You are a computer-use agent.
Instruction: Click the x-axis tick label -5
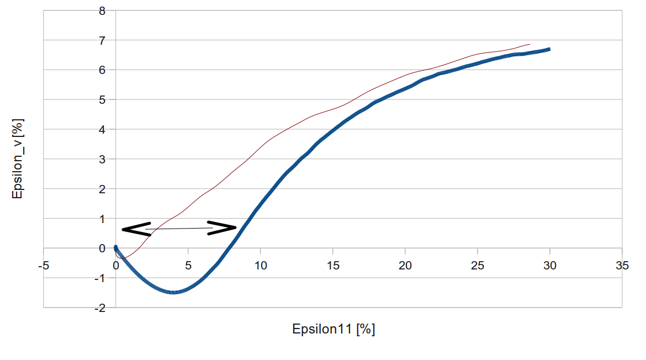[43, 266]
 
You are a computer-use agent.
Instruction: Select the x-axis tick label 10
[261, 266]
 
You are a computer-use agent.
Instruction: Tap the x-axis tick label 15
[333, 266]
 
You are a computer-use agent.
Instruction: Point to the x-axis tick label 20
[405, 266]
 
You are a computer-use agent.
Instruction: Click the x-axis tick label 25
[478, 266]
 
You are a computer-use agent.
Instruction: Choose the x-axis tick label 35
[622, 266]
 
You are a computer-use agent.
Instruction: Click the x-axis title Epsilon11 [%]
[333, 330]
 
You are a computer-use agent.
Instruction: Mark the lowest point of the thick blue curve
[173, 292]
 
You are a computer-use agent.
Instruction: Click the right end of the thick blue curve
[549, 49]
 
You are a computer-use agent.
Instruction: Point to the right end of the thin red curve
[529, 44]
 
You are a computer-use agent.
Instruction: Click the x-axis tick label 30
[550, 266]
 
